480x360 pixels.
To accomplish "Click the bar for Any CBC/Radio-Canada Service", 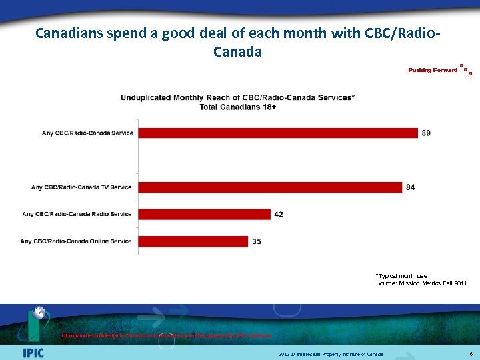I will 277,133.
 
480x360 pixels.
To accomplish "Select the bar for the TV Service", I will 270,187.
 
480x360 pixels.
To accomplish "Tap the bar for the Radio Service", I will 204,214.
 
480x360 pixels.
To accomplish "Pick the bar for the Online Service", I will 193,241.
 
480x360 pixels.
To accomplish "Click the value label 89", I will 426,133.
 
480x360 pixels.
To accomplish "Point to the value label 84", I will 410,187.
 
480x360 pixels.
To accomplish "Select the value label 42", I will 279,215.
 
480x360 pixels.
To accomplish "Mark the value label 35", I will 257,241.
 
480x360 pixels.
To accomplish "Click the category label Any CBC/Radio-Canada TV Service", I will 81,187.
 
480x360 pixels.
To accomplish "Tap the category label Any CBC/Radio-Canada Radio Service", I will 77,214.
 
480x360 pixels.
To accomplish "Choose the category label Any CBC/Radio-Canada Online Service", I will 76,241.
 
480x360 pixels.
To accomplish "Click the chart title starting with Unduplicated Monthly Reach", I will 237,97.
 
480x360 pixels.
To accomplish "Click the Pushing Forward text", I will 433,70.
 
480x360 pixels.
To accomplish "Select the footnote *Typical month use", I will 401,276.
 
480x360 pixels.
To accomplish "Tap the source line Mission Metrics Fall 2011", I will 421,284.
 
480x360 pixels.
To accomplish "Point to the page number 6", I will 471,354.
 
